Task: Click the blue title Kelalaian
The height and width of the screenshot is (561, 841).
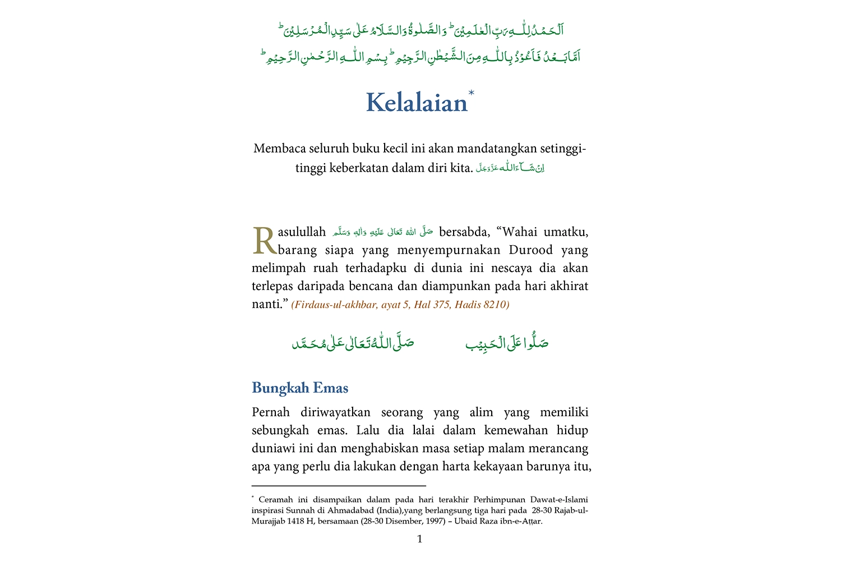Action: click(416, 103)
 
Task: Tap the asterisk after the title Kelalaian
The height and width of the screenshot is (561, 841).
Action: click(471, 93)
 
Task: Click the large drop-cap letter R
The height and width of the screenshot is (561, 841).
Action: click(264, 241)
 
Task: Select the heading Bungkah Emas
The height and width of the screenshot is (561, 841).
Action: click(300, 388)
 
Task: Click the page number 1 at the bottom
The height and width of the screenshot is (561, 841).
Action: click(420, 539)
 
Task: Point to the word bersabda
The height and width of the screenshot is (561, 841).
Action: click(464, 232)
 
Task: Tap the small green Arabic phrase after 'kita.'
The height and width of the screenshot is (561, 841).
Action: click(510, 168)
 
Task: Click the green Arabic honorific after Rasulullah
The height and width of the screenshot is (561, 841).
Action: click(382, 232)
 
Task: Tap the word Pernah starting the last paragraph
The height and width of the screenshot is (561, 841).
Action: click(271, 412)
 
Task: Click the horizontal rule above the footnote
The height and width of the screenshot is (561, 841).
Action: click(339, 486)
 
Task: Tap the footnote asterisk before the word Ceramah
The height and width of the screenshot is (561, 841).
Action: click(253, 498)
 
